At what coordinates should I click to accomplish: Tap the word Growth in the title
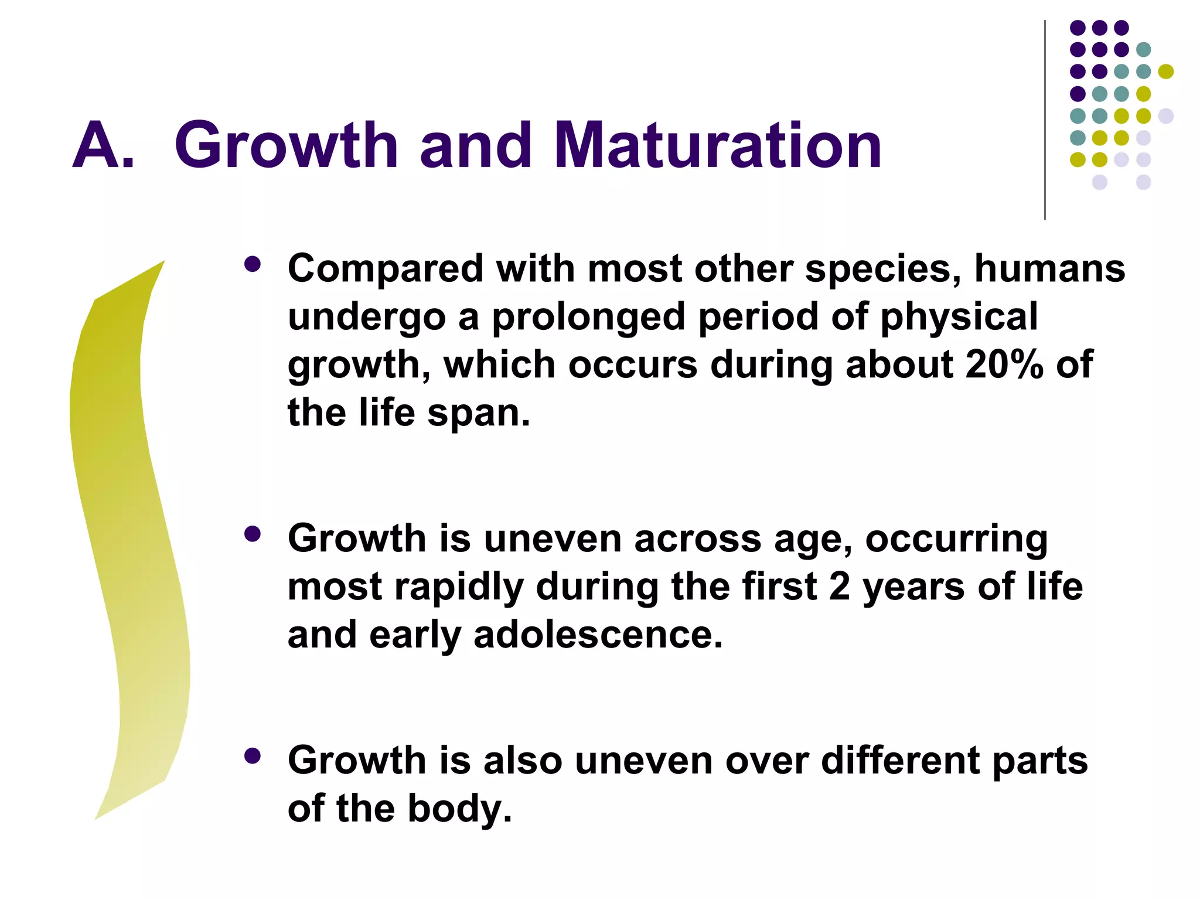click(287, 145)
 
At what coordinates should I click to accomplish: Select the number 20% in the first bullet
click(1004, 364)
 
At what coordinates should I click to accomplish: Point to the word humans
click(1049, 268)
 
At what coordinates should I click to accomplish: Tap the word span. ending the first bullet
click(479, 414)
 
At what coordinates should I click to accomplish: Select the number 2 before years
click(839, 587)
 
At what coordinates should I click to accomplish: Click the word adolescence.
click(598, 635)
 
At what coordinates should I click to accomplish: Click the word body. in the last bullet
click(459, 809)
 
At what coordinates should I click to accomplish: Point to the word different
click(899, 760)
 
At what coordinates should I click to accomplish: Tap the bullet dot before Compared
click(253, 264)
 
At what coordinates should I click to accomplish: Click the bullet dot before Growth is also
click(253, 756)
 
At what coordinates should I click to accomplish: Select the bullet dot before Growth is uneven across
click(253, 534)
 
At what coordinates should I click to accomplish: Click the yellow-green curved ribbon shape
click(126, 527)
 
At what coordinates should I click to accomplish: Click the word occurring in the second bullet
click(956, 540)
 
